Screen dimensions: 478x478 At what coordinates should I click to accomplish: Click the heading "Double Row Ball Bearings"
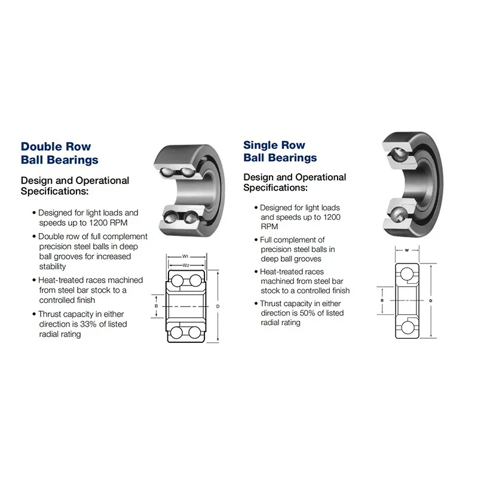[x=59, y=153]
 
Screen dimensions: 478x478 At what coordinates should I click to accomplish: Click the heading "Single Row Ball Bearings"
[x=280, y=151]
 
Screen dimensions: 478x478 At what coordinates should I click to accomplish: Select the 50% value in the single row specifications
[x=307, y=313]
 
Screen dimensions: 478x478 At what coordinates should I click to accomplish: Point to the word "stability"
[x=53, y=266]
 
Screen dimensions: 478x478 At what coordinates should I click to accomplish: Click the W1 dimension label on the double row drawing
[x=185, y=256]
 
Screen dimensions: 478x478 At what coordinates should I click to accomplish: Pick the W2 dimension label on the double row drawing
[x=186, y=265]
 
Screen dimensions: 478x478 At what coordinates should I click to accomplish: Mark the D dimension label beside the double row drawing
[x=217, y=306]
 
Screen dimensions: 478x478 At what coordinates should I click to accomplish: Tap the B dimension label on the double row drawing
[x=156, y=306]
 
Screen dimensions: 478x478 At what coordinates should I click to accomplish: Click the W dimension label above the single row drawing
[x=407, y=250]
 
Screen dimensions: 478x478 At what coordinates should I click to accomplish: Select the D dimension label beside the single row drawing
[x=430, y=301]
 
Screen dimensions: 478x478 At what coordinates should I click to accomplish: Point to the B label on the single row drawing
[x=382, y=301]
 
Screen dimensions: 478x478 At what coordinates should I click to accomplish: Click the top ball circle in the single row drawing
[x=407, y=274]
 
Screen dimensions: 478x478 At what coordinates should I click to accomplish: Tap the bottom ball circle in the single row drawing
[x=407, y=328]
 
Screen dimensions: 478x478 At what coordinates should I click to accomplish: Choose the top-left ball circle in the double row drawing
[x=177, y=280]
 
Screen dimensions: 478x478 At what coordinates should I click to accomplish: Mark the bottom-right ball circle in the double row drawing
[x=195, y=333]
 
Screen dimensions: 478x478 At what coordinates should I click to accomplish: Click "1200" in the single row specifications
[x=332, y=217]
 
